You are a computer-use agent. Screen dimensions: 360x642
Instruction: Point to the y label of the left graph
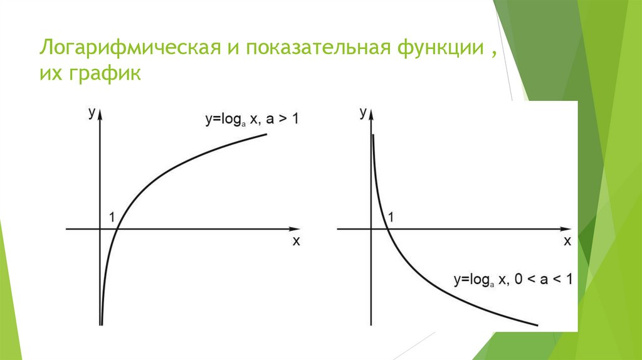[x=92, y=113]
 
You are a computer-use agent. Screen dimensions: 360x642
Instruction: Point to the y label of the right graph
[x=363, y=113]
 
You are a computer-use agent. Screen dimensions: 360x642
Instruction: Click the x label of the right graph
[x=567, y=241]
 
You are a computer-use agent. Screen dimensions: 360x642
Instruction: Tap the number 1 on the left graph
[x=112, y=218]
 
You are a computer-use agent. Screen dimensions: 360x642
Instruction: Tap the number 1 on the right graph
[x=392, y=218]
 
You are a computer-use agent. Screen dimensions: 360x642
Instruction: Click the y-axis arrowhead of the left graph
[x=100, y=114]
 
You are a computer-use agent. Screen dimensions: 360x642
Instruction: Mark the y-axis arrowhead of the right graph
[x=372, y=114]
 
